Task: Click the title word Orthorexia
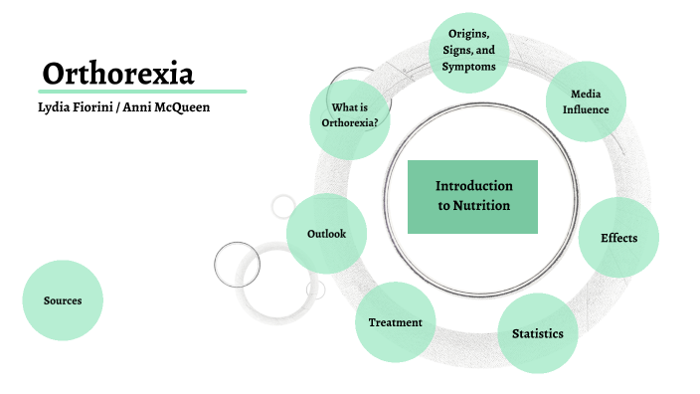(118, 73)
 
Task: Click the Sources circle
(63, 299)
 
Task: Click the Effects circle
(618, 238)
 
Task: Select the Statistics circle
(537, 333)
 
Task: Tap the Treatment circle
(395, 322)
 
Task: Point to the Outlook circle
(325, 233)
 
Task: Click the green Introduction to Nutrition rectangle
(472, 196)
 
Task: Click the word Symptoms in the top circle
(467, 66)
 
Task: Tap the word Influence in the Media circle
(586, 108)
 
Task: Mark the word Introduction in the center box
(473, 186)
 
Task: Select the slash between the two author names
(116, 106)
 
